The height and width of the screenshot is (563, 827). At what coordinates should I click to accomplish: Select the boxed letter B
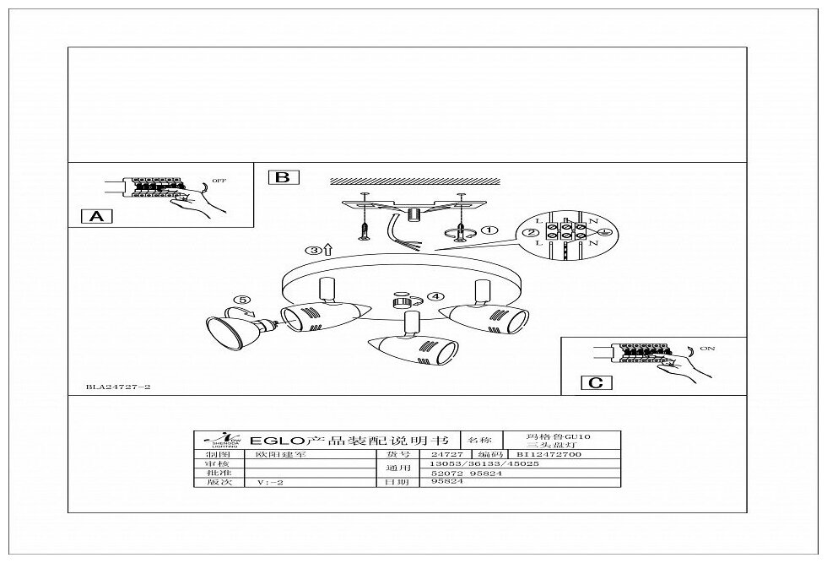click(283, 177)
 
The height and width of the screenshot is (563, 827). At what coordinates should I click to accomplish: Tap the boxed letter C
click(594, 382)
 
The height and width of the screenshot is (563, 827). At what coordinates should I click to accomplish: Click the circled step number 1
click(489, 230)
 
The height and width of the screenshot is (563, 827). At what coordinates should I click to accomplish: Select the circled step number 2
click(530, 233)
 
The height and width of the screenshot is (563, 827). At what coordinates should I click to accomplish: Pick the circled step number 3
click(312, 251)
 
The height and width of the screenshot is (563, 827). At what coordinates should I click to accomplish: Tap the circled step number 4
click(435, 296)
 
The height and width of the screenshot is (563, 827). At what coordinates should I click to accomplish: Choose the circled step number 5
click(243, 299)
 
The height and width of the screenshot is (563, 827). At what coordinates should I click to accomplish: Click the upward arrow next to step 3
click(327, 250)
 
